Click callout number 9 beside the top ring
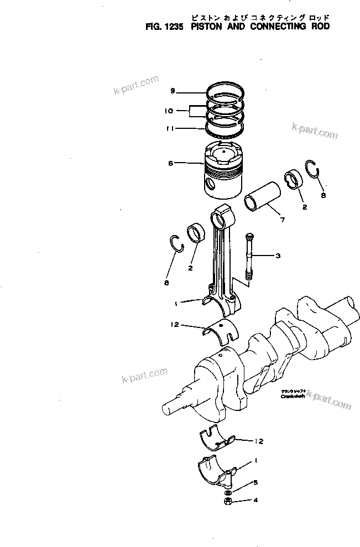[x=173, y=91]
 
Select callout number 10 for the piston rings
[x=169, y=111]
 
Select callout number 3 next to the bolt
[x=278, y=256]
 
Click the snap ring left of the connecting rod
[x=176, y=244]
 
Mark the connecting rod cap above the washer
[x=217, y=472]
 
